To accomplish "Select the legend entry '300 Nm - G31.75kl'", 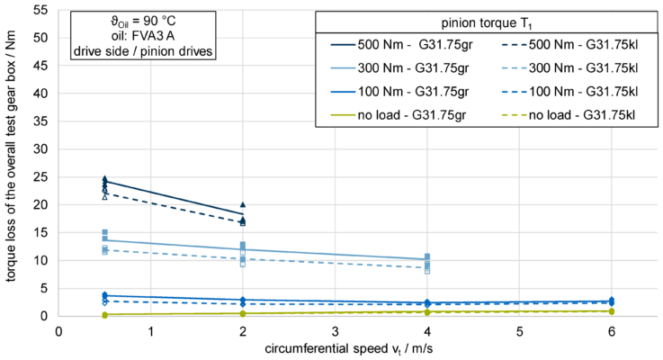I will [581, 67].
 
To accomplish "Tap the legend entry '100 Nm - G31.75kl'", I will [581, 91].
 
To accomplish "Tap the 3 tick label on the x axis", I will [335, 330].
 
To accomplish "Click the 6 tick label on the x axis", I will [612, 330].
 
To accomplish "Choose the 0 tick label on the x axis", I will [58, 330].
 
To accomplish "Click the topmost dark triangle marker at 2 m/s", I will [243, 205].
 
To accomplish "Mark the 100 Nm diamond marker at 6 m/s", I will [612, 301].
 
